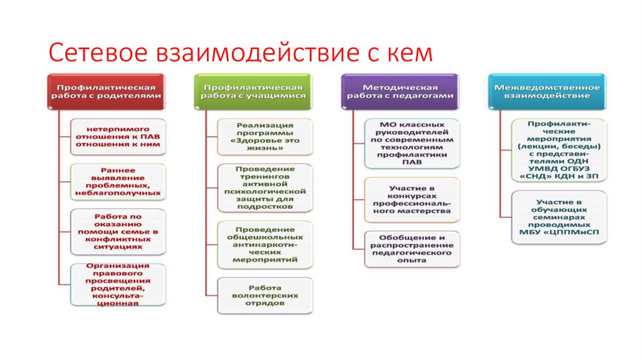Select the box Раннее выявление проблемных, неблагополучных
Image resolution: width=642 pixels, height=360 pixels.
pyautogui.click(x=118, y=181)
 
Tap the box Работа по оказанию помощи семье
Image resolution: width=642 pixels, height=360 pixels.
pyautogui.click(x=118, y=230)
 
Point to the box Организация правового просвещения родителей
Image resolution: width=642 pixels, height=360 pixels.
pyautogui.click(x=118, y=284)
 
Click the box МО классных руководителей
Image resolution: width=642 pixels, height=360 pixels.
pyautogui.click(x=413, y=143)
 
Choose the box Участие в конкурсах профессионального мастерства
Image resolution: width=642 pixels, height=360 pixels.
pyautogui.click(x=413, y=199)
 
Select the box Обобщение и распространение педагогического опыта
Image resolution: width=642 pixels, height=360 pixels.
pyautogui.click(x=413, y=248)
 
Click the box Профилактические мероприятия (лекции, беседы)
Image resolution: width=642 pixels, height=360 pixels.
pyautogui.click(x=559, y=150)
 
